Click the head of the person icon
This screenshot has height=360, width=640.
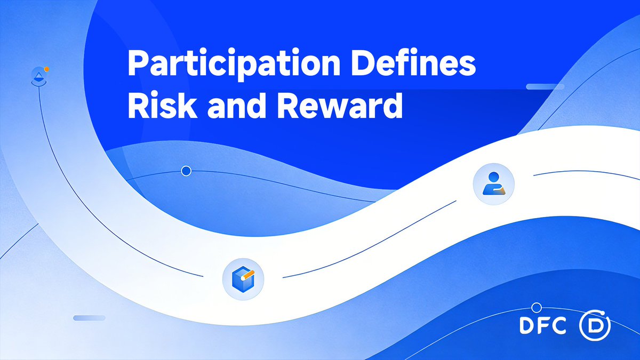(x=494, y=177)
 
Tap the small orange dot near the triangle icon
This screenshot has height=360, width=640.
(x=47, y=69)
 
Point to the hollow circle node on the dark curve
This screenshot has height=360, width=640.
(x=186, y=171)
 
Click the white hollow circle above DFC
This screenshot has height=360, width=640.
(x=537, y=308)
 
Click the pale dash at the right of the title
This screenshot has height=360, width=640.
(x=541, y=86)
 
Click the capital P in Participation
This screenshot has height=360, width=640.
(x=135, y=66)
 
